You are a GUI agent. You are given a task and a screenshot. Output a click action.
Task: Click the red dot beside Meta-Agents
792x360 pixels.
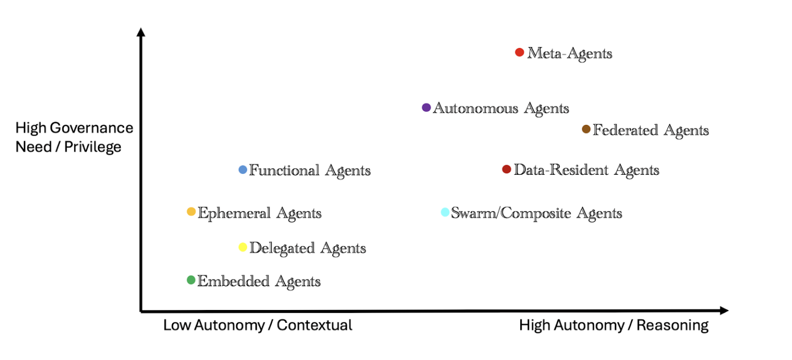point(519,52)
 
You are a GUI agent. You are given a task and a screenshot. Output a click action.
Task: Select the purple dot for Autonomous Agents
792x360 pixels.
point(426,107)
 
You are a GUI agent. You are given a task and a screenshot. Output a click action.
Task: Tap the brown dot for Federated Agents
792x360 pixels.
point(586,129)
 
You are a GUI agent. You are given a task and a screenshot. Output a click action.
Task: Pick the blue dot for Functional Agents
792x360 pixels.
point(242,170)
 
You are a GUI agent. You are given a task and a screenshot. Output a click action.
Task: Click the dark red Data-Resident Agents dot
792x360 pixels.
point(507,169)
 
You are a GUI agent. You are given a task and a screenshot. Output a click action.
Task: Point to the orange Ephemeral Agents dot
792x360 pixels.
point(191,211)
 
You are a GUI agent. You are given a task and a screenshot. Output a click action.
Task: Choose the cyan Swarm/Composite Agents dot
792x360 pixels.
point(445,212)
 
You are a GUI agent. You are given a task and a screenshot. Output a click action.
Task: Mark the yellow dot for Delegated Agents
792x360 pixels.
point(242,247)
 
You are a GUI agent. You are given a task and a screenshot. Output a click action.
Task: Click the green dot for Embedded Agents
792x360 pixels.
point(191,280)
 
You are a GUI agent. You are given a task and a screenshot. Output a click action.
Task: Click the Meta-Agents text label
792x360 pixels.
point(570,54)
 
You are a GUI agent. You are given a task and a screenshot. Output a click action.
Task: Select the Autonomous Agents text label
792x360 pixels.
point(501,108)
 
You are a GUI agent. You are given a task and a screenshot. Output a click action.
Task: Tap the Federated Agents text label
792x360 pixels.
point(651,130)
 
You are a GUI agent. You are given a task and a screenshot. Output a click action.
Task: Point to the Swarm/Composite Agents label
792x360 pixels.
point(536,214)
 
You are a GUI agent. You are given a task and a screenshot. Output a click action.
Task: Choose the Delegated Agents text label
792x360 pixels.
point(308,249)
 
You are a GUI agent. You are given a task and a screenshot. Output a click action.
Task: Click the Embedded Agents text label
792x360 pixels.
point(259,282)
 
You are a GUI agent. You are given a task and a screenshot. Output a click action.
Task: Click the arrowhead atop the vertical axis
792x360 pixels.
point(141,32)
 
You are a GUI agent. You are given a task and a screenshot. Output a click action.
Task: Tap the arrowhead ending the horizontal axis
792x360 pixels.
point(724,310)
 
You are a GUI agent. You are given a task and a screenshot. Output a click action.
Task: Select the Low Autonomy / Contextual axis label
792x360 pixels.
point(258,325)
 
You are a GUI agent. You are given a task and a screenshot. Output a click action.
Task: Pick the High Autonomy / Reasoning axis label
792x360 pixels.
point(614,325)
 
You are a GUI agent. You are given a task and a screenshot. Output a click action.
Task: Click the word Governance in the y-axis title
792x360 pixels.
point(92,128)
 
